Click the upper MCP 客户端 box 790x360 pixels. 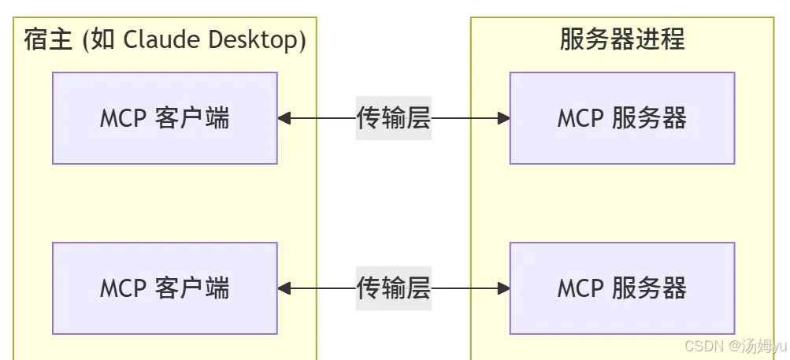(165, 118)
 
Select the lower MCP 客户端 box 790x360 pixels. (165, 288)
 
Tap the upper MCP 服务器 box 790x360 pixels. (621, 118)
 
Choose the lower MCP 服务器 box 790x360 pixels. (621, 288)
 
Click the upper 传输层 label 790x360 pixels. (393, 118)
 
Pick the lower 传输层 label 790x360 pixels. (393, 288)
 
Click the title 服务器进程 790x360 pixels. (621, 39)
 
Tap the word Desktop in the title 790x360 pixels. (257, 39)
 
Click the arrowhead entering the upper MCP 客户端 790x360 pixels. (284, 119)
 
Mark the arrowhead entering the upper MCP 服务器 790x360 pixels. (503, 119)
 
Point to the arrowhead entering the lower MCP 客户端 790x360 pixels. (284, 289)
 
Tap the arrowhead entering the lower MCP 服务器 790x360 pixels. (503, 289)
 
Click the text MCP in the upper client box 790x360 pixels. (121, 119)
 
